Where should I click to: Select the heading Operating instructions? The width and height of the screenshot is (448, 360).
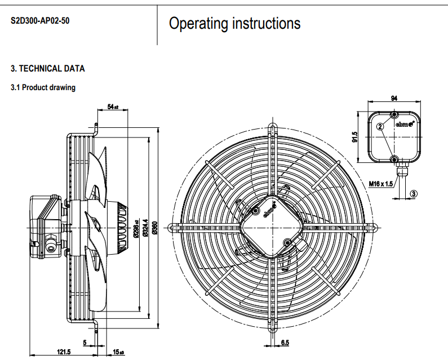pyautogui.click(x=234, y=24)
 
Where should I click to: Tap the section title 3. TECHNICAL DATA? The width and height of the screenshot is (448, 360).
pyautogui.click(x=48, y=69)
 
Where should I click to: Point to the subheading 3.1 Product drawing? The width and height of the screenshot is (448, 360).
pyautogui.click(x=43, y=88)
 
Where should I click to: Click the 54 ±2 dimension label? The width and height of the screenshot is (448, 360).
pyautogui.click(x=113, y=106)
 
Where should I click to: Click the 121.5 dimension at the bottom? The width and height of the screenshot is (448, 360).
pyautogui.click(x=64, y=352)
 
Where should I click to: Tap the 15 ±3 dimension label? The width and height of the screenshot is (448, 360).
pyautogui.click(x=118, y=352)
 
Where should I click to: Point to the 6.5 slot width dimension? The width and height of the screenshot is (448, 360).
pyautogui.click(x=285, y=343)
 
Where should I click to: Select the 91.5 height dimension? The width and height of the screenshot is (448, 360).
pyautogui.click(x=355, y=137)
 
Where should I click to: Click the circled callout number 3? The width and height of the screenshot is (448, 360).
pyautogui.click(x=414, y=193)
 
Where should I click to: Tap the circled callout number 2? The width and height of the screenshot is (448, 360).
pyautogui.click(x=380, y=127)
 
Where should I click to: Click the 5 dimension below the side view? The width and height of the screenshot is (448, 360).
pyautogui.click(x=85, y=343)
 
